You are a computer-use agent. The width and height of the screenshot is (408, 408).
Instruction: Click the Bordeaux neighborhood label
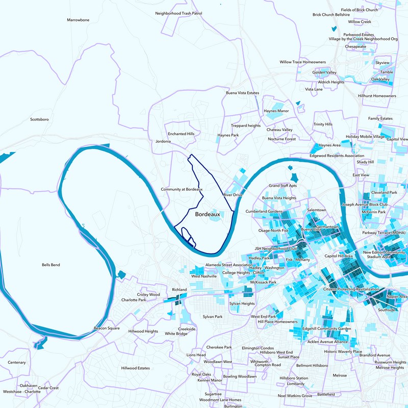coord(208,215)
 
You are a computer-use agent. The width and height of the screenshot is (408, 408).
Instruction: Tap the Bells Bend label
coord(52,266)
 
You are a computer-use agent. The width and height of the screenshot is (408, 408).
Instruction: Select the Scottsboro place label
coord(39,119)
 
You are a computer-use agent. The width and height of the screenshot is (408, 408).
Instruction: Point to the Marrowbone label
coord(78,20)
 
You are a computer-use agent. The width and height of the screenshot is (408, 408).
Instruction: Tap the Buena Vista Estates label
coord(243,93)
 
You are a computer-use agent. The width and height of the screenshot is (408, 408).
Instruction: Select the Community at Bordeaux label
coord(182,189)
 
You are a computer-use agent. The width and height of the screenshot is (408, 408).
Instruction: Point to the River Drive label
coord(233,195)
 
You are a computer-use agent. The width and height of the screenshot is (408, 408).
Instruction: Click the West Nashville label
coord(203,276)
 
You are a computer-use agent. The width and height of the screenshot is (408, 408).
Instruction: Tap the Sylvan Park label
coord(212,317)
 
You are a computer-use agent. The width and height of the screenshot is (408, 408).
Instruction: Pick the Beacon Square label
coord(107,328)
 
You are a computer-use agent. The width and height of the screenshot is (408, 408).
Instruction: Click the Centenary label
coord(17,363)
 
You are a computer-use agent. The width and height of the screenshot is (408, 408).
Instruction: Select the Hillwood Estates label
coord(136,368)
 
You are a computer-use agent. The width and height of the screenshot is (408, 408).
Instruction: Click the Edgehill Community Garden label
coord(327,328)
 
